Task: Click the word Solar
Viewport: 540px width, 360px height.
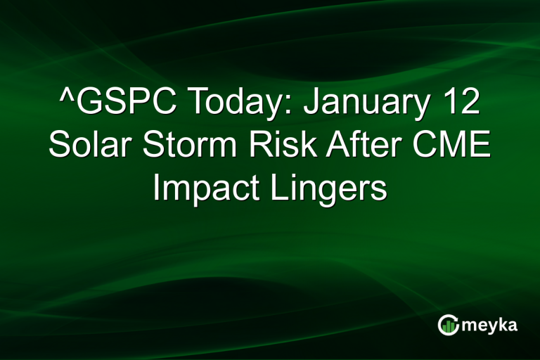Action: point(88,147)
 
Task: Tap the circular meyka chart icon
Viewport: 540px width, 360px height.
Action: point(448,324)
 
